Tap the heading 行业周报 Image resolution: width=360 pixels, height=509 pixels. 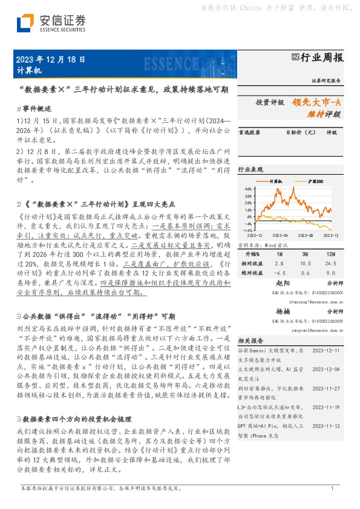tap(322, 57)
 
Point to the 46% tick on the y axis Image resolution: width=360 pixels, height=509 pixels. tap(248, 189)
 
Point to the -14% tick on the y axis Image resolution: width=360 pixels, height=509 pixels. tap(247, 230)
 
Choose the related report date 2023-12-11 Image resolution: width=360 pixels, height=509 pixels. tap(326, 351)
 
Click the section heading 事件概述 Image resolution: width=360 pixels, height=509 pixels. tap(38, 108)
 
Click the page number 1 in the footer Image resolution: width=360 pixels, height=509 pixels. tap(332, 488)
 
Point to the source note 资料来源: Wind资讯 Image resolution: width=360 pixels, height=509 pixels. tap(258, 245)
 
